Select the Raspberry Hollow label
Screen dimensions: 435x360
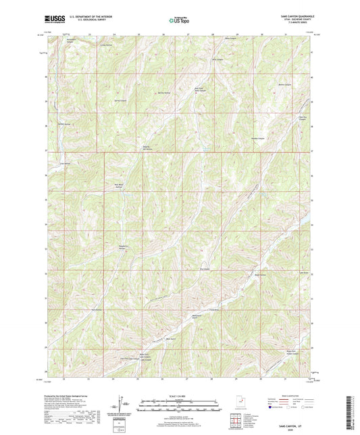(x=123, y=247)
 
